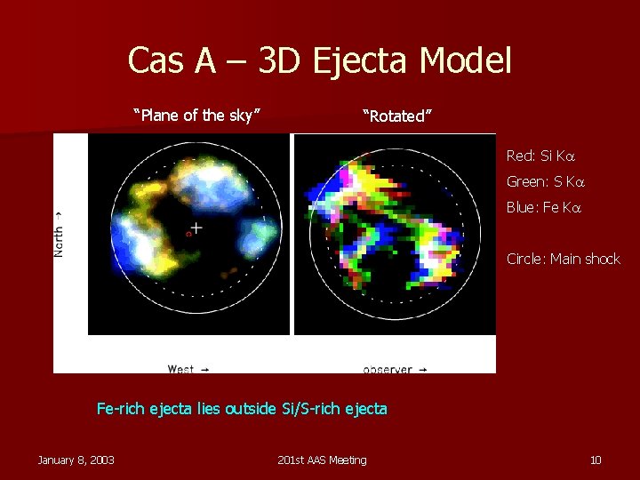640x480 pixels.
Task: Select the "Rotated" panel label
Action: click(396, 116)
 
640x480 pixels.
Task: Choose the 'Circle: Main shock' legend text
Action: click(563, 259)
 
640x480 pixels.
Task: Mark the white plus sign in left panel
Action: click(196, 228)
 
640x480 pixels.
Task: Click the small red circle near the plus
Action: click(188, 234)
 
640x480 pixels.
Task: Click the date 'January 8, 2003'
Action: click(76, 460)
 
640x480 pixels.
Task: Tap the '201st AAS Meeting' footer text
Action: click(321, 460)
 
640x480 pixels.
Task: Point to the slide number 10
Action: click(596, 460)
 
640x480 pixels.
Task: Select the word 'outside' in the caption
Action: click(250, 409)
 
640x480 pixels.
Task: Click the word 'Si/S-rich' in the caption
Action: click(312, 409)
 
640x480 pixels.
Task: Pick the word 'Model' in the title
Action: click(466, 60)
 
